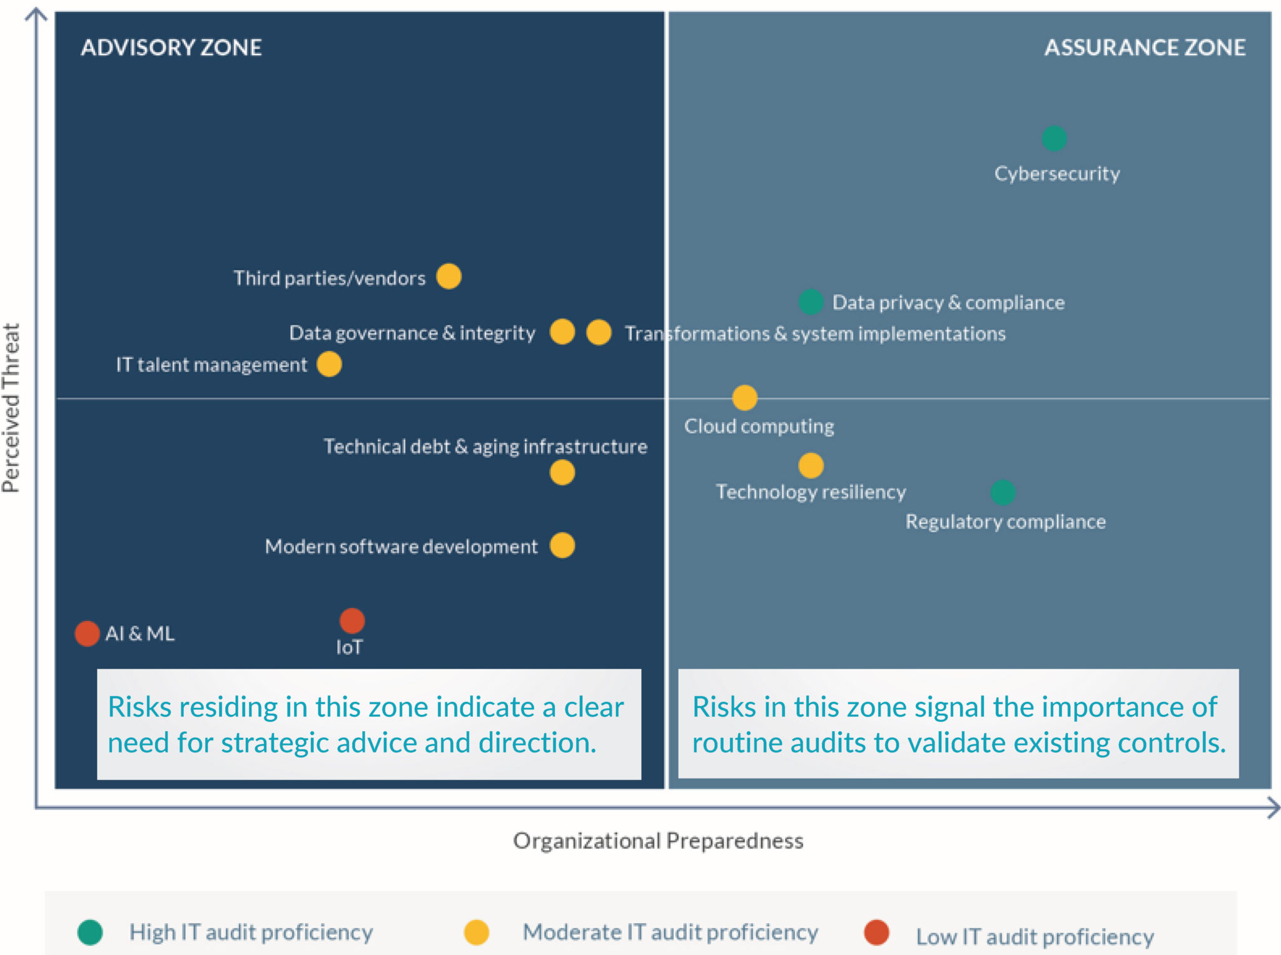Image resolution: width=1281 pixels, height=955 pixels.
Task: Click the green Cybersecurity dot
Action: coord(1054,138)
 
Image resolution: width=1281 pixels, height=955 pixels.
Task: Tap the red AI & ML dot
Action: coord(87,633)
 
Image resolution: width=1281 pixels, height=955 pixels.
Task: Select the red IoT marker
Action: coord(352,620)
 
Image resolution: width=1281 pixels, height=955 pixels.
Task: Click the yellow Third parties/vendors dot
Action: coord(448,276)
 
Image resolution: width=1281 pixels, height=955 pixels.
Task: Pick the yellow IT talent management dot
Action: coord(329,364)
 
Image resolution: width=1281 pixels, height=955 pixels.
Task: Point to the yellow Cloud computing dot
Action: coord(744,397)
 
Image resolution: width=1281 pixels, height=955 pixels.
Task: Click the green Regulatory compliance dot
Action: coord(1003,492)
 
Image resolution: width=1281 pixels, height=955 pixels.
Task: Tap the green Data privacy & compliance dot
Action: coord(811,302)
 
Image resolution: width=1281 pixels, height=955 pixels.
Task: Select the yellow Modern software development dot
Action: coord(562,545)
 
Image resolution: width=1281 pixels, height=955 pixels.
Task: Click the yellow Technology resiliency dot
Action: coord(811,465)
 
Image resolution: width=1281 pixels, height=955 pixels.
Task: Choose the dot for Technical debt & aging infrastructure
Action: coord(562,472)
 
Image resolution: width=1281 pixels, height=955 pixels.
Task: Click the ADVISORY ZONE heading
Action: coord(171,48)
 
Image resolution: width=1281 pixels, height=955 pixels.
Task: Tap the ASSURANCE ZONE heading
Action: coord(1145,48)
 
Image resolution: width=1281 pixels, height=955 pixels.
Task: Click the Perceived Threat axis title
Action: coord(11,408)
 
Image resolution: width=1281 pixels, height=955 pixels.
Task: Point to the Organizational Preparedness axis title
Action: coord(658,841)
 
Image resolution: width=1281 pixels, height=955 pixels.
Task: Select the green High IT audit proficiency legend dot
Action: coord(90,932)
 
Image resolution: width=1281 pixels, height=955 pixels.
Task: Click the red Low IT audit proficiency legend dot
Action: coord(876,932)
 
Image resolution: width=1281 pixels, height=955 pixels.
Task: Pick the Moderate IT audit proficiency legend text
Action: coord(670,932)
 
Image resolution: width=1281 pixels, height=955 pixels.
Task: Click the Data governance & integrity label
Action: coord(412,333)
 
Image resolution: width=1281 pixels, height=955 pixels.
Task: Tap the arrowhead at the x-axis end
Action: coord(1273,807)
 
